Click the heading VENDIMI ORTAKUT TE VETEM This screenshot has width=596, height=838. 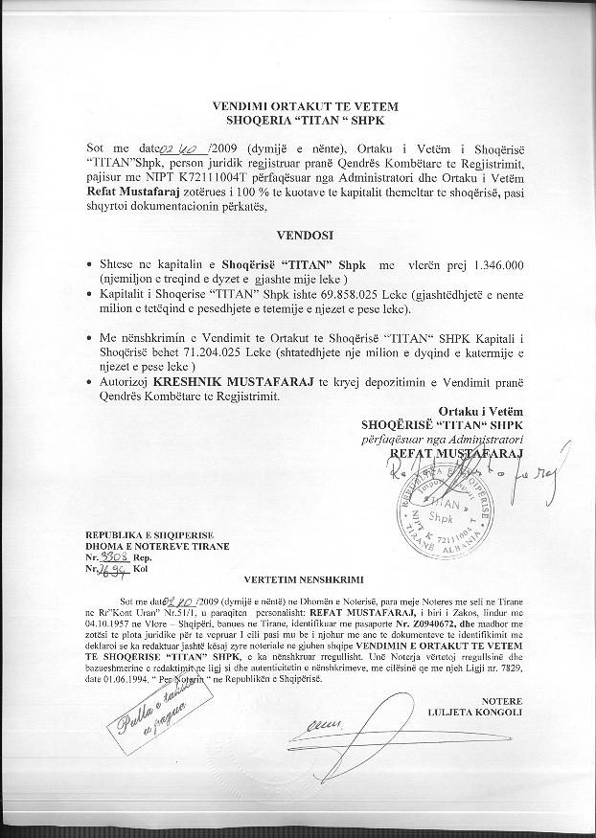point(305,105)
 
